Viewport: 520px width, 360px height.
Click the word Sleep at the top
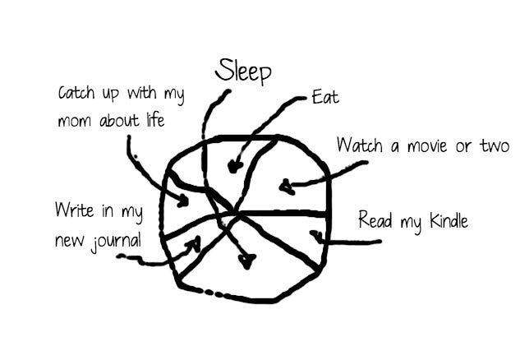243,71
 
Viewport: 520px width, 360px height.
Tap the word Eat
325,97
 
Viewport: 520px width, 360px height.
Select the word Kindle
449,220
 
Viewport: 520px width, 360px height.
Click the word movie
427,146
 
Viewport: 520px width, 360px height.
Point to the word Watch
360,145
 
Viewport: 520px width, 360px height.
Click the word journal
116,241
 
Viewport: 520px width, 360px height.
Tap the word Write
74,210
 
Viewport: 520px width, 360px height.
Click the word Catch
76,92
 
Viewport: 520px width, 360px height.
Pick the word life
155,119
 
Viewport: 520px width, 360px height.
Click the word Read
375,220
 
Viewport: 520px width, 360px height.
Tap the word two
495,145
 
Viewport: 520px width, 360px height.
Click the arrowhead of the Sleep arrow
247,261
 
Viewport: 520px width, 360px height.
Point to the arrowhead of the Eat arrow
234,166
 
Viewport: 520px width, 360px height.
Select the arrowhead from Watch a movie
287,187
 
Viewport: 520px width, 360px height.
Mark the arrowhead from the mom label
182,201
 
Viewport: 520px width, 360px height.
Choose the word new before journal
69,241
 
